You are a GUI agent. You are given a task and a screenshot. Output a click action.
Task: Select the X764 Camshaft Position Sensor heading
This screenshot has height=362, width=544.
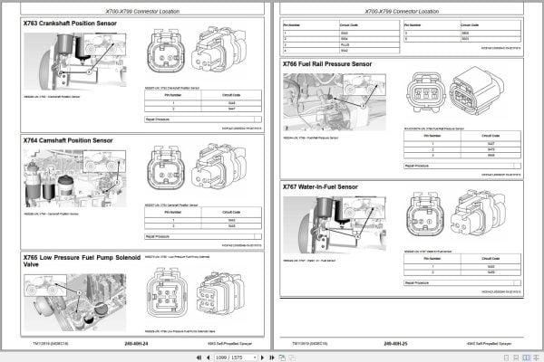[68, 141]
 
